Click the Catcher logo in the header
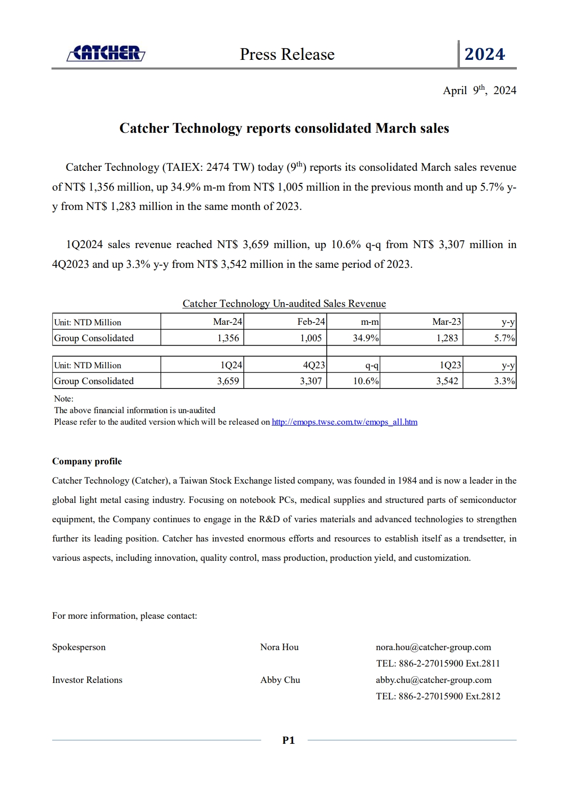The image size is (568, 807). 106,54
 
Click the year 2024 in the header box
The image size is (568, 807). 485,54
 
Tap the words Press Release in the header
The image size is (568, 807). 287,55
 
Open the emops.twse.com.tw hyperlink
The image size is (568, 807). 345,422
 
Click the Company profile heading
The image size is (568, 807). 87,461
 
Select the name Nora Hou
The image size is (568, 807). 279,647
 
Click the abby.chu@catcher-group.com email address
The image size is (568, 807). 433,680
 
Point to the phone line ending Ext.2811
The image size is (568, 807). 438,664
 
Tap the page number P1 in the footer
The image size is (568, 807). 288,740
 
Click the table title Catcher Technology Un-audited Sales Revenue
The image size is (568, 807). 284,304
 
